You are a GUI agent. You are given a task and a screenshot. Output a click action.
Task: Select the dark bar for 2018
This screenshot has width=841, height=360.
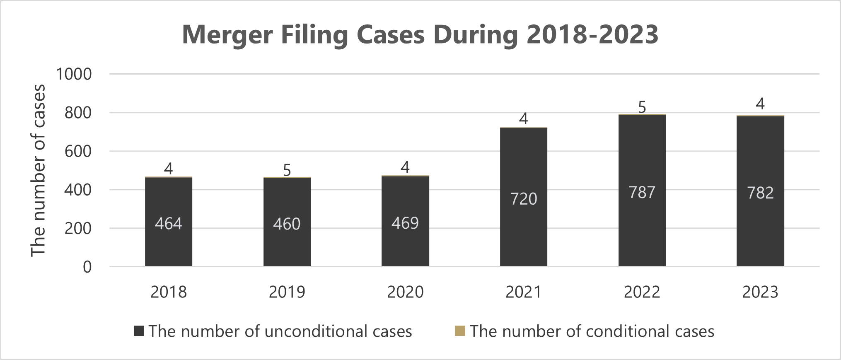pyautogui.click(x=169, y=249)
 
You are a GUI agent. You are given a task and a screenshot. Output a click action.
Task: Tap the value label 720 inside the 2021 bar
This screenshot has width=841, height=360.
pyautogui.click(x=524, y=199)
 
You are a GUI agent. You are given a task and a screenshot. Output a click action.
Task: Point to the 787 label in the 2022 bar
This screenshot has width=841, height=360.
pyautogui.click(x=642, y=192)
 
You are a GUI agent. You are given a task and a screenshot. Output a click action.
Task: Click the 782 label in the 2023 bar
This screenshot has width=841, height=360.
pyautogui.click(x=760, y=193)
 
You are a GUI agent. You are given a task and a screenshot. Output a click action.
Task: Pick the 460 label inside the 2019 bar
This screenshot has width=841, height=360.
pyautogui.click(x=287, y=224)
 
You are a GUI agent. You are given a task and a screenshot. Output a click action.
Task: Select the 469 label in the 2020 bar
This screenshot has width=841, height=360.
pyautogui.click(x=405, y=223)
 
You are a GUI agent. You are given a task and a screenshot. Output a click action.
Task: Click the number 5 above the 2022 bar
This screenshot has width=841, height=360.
pyautogui.click(x=642, y=107)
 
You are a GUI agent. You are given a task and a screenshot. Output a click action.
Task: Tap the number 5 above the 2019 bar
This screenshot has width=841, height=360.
pyautogui.click(x=287, y=170)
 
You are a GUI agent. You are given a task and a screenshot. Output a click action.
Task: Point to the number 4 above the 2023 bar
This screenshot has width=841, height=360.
pyautogui.click(x=760, y=104)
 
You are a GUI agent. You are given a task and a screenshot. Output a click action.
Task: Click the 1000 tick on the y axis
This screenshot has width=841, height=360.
pyautogui.click(x=74, y=74)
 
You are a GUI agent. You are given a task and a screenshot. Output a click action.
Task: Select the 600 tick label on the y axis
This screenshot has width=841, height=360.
pyautogui.click(x=78, y=151)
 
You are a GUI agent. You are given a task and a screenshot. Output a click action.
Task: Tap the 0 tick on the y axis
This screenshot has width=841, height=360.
pyautogui.click(x=87, y=267)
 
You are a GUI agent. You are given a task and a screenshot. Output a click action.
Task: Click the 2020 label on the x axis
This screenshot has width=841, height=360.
pyautogui.click(x=405, y=292)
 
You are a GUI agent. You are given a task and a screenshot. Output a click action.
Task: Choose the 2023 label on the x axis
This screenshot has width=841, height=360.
pyautogui.click(x=760, y=292)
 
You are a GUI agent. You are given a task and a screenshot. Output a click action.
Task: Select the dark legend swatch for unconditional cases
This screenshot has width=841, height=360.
pyautogui.click(x=139, y=331)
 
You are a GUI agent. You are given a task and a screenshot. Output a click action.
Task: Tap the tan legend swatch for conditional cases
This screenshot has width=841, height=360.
pyautogui.click(x=460, y=331)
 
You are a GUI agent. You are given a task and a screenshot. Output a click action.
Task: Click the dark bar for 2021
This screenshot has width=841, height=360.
pyautogui.click(x=524, y=240)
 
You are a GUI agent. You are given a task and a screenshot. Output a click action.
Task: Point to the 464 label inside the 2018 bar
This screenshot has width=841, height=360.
pyautogui.click(x=169, y=224)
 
